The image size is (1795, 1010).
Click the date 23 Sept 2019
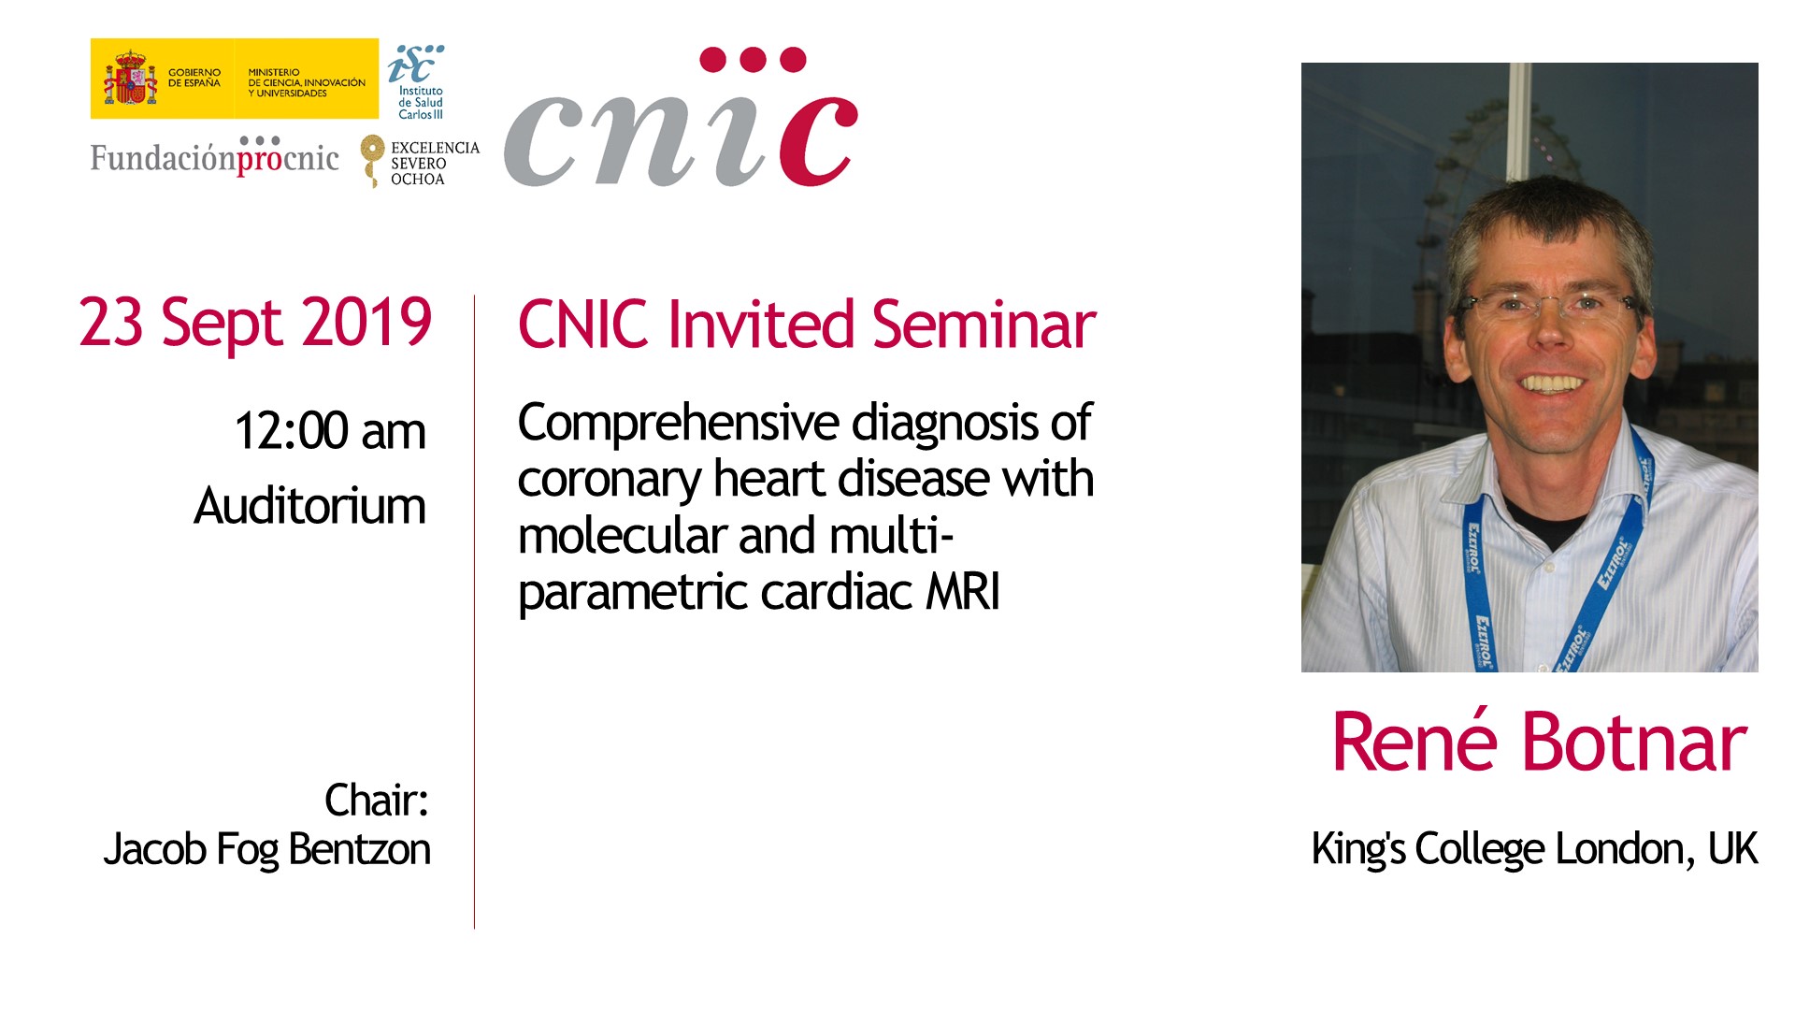tap(255, 324)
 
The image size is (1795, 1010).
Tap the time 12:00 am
tap(330, 431)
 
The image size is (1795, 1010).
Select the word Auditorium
tap(309, 506)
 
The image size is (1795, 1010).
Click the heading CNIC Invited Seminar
tap(807, 325)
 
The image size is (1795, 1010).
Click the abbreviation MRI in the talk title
tap(963, 592)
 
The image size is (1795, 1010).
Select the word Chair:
tap(377, 801)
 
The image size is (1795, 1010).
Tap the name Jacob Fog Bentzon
tap(267, 850)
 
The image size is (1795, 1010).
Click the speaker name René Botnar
tap(1539, 742)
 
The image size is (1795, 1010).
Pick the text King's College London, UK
tap(1534, 849)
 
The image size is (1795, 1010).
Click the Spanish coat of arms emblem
tap(130, 79)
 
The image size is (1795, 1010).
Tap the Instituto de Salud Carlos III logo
tap(417, 82)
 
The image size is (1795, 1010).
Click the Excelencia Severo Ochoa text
tap(435, 164)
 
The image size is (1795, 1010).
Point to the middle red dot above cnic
tap(753, 60)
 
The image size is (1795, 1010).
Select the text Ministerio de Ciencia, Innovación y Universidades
tap(307, 82)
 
